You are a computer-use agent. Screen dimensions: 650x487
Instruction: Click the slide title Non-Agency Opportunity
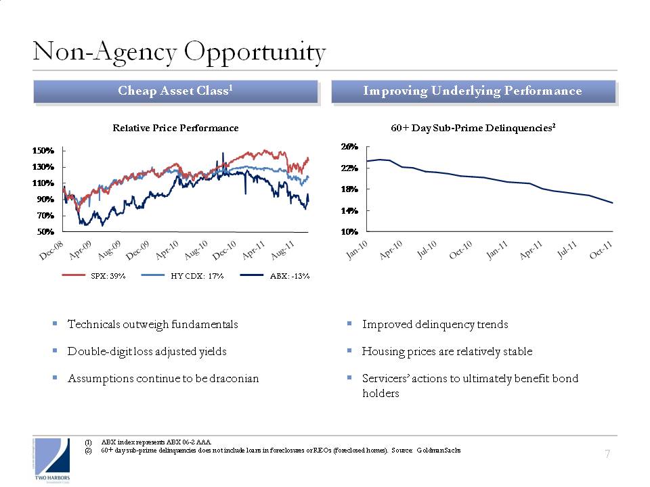pyautogui.click(x=179, y=53)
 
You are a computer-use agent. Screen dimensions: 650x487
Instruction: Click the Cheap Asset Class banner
pyautogui.click(x=175, y=91)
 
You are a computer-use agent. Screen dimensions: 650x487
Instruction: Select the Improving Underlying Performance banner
pyautogui.click(x=473, y=91)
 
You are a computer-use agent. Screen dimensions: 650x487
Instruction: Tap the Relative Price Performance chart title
pyautogui.click(x=175, y=128)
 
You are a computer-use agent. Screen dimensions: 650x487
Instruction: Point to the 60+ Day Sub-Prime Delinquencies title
pyautogui.click(x=473, y=128)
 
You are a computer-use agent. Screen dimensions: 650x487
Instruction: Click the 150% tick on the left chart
pyautogui.click(x=43, y=150)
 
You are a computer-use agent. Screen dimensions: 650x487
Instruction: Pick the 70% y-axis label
pyautogui.click(x=45, y=215)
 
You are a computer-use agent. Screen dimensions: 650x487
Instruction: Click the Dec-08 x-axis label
pyautogui.click(x=51, y=250)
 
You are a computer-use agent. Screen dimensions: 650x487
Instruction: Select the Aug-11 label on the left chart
pyautogui.click(x=282, y=250)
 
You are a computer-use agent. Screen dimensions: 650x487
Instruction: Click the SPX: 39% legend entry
pyautogui.click(x=93, y=276)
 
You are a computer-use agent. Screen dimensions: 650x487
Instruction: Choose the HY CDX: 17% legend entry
pyautogui.click(x=182, y=276)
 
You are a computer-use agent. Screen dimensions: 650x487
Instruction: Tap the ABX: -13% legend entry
pyautogui.click(x=275, y=276)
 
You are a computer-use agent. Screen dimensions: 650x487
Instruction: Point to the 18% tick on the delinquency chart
pyautogui.click(x=349, y=189)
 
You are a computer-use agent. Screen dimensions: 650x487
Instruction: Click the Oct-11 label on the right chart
pyautogui.click(x=601, y=250)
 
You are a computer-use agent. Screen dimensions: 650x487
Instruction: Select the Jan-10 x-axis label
pyautogui.click(x=357, y=250)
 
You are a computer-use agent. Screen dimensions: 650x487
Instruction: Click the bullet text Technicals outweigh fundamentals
pyautogui.click(x=152, y=324)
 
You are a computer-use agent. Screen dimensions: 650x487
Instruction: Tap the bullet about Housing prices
pyautogui.click(x=447, y=352)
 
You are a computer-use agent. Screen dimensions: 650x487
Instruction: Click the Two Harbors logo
pyautogui.click(x=52, y=461)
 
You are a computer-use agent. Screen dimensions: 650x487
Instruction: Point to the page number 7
pyautogui.click(x=607, y=455)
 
